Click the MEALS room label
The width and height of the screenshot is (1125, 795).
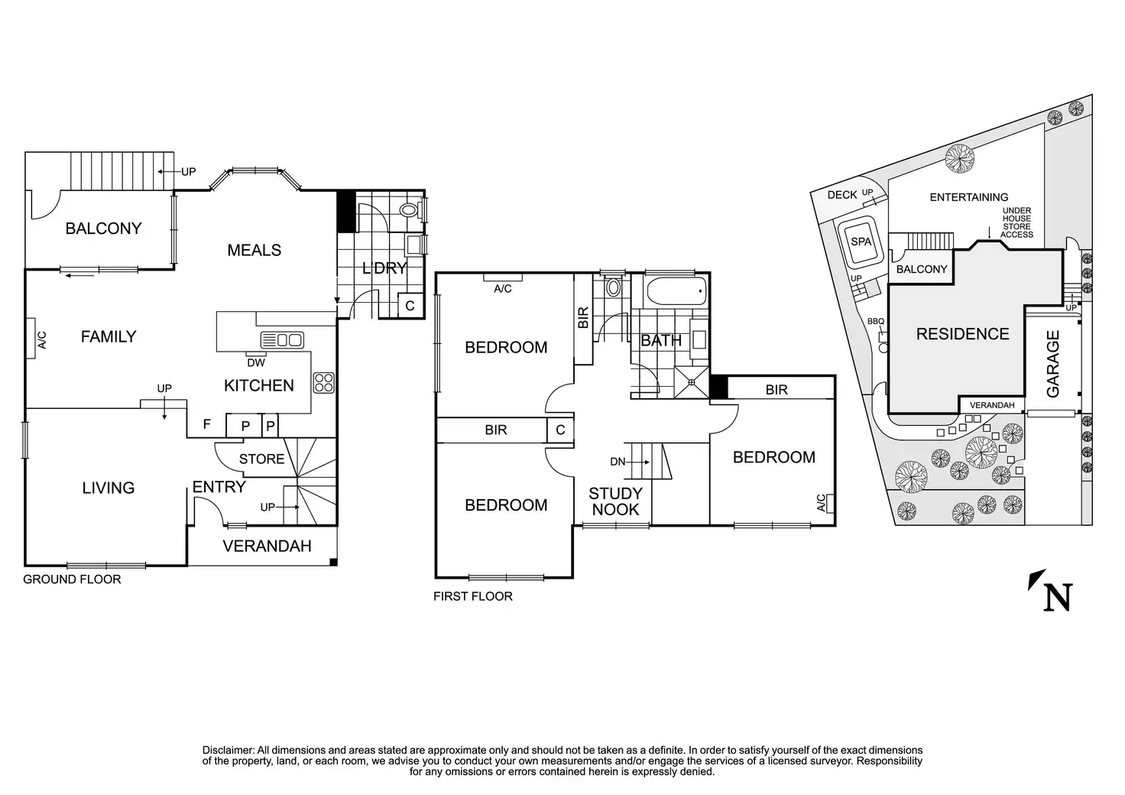(x=255, y=250)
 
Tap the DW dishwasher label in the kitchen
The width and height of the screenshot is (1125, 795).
(x=256, y=363)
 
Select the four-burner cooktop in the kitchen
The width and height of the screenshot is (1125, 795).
(x=324, y=382)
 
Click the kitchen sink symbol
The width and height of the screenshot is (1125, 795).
(x=282, y=339)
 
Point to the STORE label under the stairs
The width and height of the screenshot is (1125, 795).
(x=261, y=459)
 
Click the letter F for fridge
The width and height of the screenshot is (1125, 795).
(x=207, y=423)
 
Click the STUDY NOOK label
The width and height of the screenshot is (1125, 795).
(x=615, y=501)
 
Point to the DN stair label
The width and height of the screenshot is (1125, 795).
(x=618, y=462)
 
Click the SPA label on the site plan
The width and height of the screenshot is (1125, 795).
(x=861, y=242)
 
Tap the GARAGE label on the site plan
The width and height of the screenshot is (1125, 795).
(x=1053, y=364)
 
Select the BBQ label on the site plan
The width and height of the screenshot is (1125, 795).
(x=875, y=322)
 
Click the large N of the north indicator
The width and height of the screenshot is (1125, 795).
(x=1058, y=597)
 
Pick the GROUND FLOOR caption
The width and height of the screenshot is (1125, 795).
(x=72, y=579)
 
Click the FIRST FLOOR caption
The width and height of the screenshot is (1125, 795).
(x=472, y=596)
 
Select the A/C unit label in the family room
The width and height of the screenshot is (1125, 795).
(x=42, y=340)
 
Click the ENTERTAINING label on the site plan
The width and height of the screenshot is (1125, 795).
(x=968, y=197)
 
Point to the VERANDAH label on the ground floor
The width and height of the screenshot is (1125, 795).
(x=267, y=546)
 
